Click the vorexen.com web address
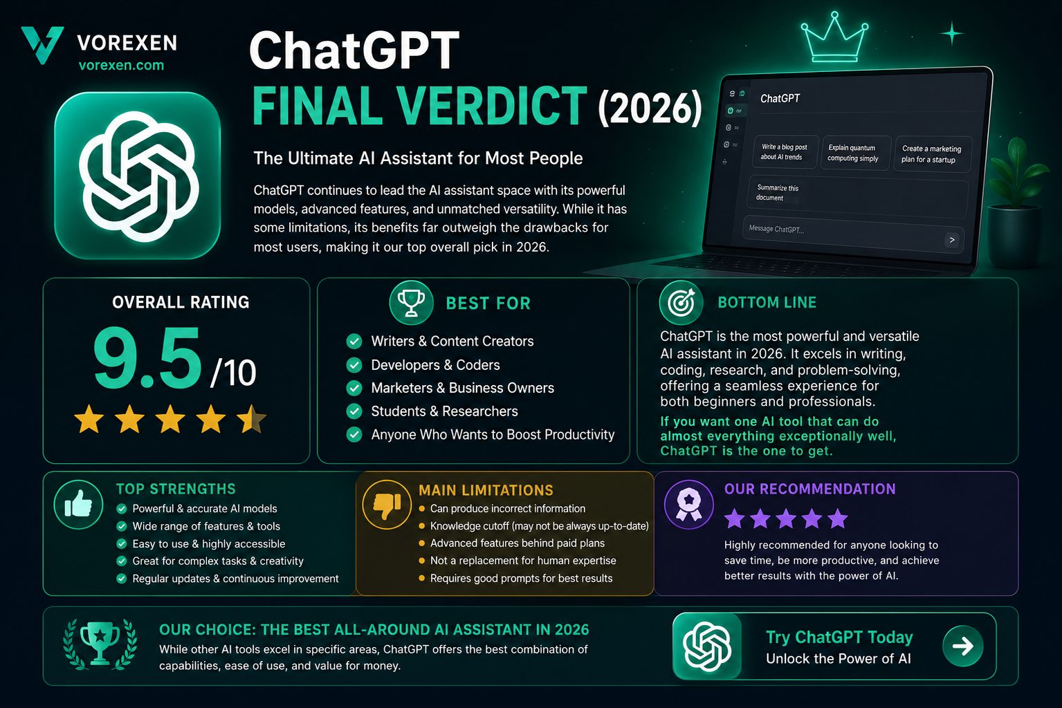(x=121, y=65)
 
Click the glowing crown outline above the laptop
(x=834, y=38)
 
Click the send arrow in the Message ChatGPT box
(x=951, y=240)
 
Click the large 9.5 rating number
(x=147, y=358)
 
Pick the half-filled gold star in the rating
(x=251, y=419)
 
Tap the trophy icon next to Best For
(x=411, y=302)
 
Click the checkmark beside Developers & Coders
(x=354, y=365)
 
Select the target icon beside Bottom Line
(x=681, y=302)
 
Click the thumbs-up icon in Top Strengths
(x=78, y=504)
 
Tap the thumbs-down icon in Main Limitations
(x=387, y=504)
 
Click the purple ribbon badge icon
(x=689, y=504)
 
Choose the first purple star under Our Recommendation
(x=735, y=518)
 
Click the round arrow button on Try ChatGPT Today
(x=963, y=646)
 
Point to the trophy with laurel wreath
(x=100, y=644)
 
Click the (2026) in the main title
(x=650, y=108)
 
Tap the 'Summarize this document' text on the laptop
(x=777, y=193)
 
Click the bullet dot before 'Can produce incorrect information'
(x=421, y=508)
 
